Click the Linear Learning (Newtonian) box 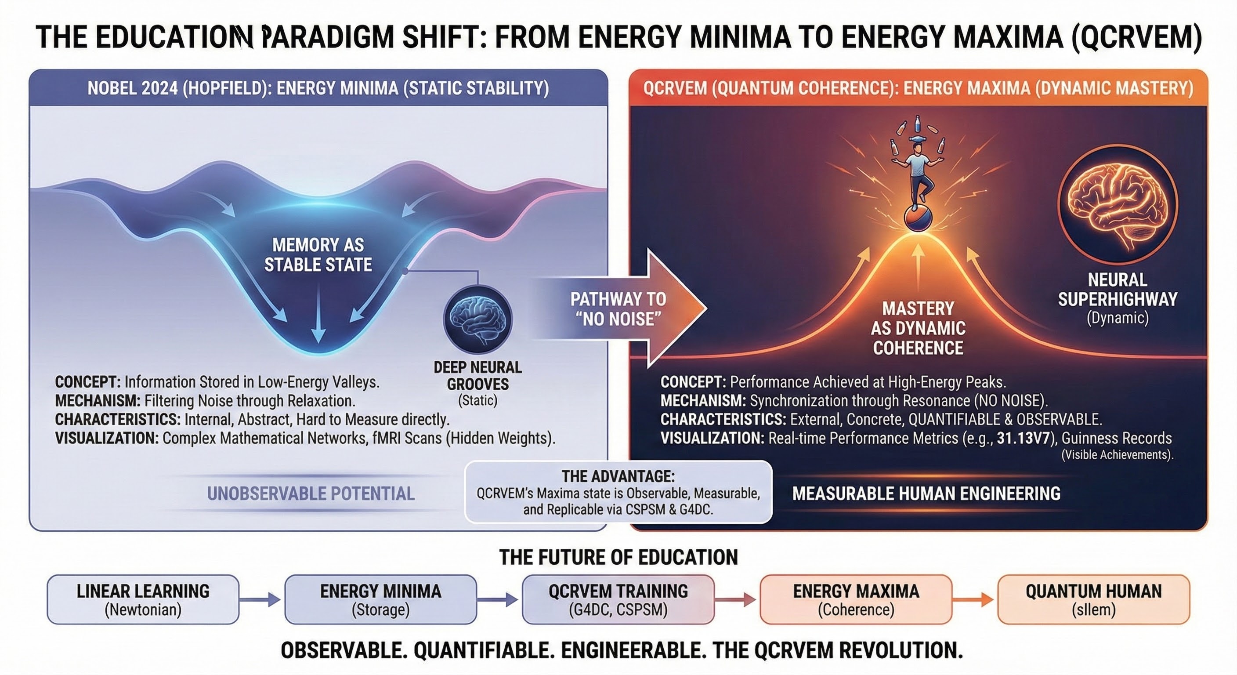[143, 599]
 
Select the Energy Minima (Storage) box [380, 599]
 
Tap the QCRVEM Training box [618, 599]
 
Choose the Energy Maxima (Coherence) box [856, 599]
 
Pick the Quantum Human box [1093, 599]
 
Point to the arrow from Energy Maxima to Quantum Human [974, 599]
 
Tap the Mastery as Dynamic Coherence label [918, 328]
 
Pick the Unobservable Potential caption [311, 494]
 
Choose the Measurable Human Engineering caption [926, 494]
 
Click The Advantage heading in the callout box [618, 476]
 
